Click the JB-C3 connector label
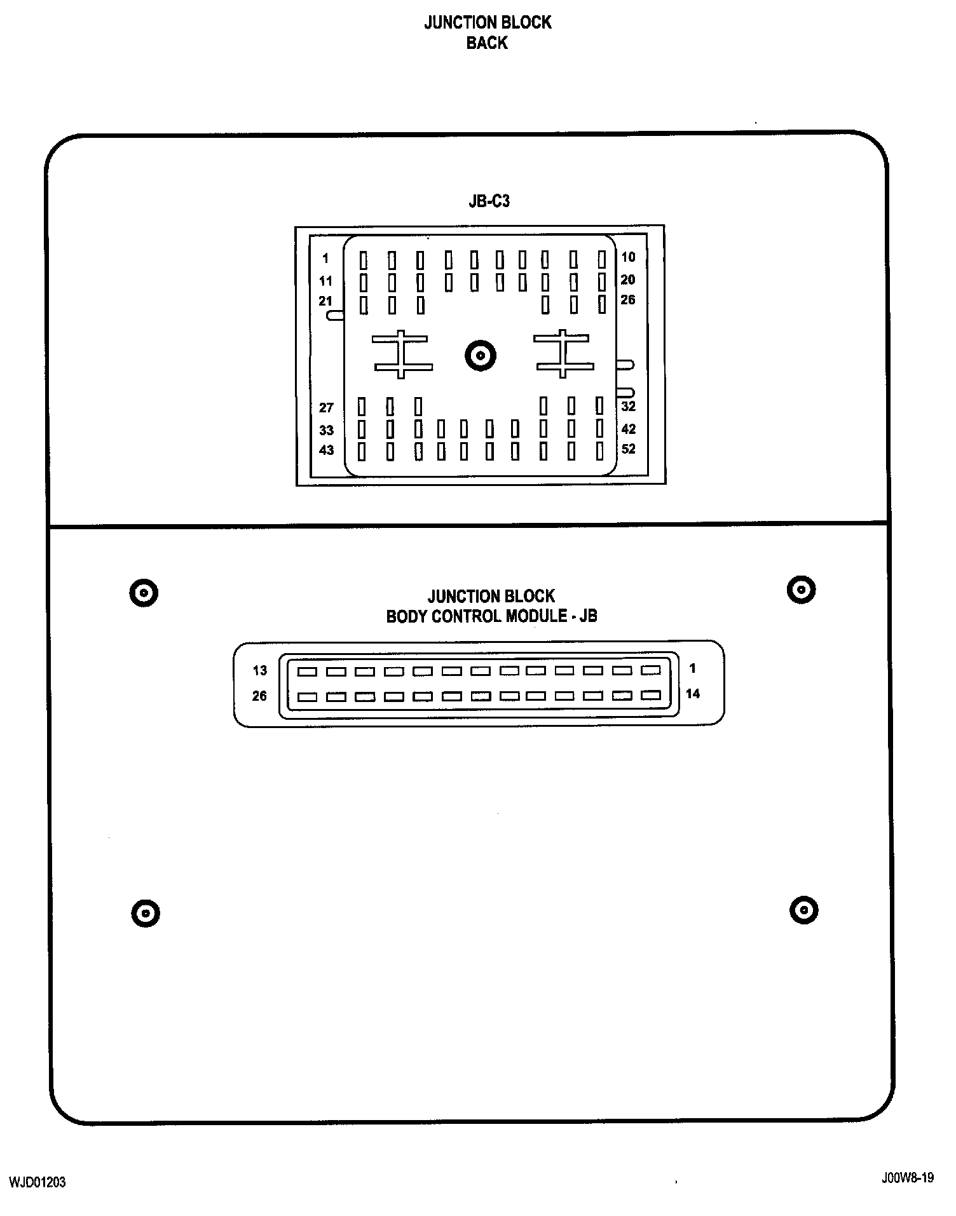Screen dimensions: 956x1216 (489, 201)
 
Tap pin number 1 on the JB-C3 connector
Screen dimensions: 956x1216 (325, 259)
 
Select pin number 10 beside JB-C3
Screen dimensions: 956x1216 (628, 257)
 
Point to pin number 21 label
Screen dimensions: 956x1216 (325, 301)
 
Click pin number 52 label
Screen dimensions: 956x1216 (628, 449)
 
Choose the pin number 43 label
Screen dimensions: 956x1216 (326, 450)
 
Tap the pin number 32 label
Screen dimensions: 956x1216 (628, 407)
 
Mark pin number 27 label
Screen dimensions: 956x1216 (326, 408)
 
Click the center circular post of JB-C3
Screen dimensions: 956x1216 (480, 355)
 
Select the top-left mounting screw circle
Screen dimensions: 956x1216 (144, 593)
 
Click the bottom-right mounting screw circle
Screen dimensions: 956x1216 (803, 910)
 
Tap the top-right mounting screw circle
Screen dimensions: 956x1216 (801, 590)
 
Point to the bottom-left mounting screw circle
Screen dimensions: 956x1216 (146, 914)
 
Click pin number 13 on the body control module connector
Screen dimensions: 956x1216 (260, 670)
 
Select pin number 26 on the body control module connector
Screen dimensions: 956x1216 (259, 696)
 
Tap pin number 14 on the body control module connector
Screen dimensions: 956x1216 (692, 694)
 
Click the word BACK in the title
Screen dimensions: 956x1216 (487, 43)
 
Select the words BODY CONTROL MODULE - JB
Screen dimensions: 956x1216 (491, 616)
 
